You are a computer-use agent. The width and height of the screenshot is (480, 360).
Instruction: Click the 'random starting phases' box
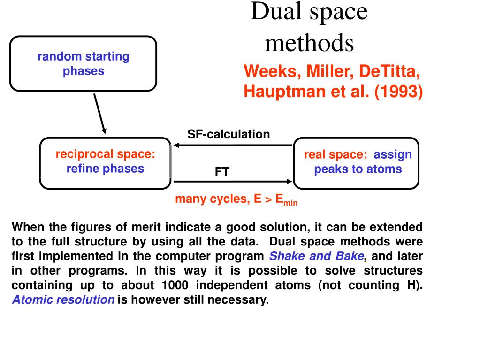point(83,63)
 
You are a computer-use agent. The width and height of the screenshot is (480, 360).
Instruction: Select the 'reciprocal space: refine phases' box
point(106,162)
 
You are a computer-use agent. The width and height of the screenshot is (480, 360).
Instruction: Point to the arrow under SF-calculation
point(232,145)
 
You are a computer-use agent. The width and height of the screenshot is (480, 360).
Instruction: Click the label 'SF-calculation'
point(229,134)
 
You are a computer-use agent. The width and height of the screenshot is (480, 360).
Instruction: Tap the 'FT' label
point(222,172)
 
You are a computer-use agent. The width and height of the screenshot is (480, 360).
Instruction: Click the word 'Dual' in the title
point(275,12)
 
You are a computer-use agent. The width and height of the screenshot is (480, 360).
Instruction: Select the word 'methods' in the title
point(309,43)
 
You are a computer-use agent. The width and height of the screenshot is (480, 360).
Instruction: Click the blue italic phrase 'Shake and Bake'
point(317,256)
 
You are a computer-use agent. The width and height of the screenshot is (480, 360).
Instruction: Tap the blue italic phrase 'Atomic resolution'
point(63,300)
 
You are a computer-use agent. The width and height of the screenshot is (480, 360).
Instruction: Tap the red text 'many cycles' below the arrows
point(211,199)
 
